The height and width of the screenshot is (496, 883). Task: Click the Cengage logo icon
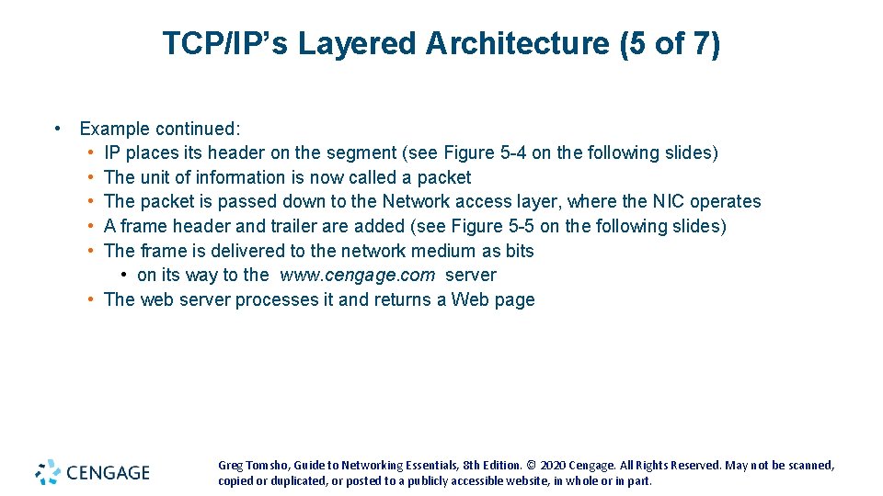click(48, 471)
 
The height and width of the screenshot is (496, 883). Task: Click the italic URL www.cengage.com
click(358, 275)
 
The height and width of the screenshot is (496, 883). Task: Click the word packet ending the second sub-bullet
click(444, 177)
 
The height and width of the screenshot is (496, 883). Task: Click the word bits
click(520, 251)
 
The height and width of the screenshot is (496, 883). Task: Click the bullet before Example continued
click(58, 129)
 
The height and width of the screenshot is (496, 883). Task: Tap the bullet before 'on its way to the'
click(123, 275)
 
